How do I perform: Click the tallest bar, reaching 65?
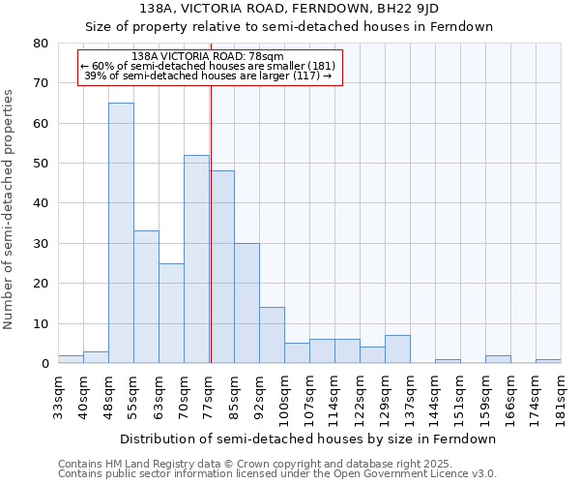click(121, 232)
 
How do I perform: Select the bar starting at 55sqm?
click(146, 296)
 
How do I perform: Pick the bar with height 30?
click(246, 303)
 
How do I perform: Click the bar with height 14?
click(272, 335)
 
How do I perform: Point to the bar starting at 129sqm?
click(397, 348)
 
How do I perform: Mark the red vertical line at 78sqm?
click(211, 223)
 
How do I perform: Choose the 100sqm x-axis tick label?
click(284, 396)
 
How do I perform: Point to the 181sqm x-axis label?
click(561, 396)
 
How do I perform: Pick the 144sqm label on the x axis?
click(435, 396)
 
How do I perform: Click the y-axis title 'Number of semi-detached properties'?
click(9, 209)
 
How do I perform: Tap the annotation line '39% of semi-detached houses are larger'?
click(208, 76)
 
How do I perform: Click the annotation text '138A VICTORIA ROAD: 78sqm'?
click(208, 57)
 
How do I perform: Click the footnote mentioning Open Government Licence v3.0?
click(277, 473)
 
